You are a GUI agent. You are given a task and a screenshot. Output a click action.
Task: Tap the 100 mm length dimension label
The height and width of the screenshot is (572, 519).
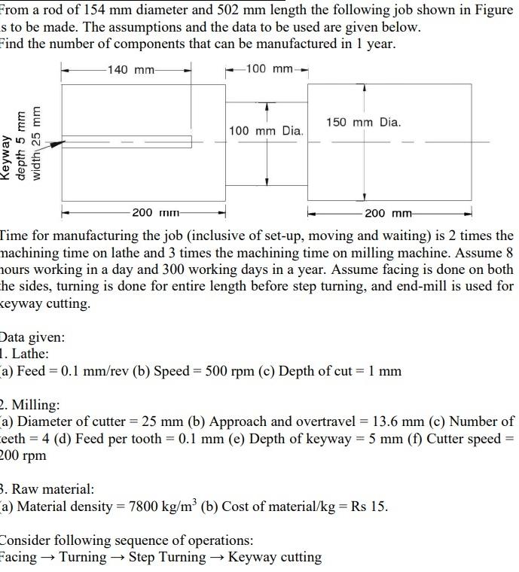269,69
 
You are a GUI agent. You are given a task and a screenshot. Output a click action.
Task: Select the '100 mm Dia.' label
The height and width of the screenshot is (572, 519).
266,131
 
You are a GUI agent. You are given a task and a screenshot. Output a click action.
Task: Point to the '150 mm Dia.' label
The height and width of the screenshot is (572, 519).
364,122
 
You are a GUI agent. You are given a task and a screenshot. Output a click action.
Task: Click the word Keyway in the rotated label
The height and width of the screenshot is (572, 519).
8,157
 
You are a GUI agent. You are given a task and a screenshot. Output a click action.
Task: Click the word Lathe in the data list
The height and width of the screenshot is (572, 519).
31,353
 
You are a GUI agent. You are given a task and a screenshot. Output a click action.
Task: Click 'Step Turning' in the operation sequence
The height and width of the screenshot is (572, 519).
166,558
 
